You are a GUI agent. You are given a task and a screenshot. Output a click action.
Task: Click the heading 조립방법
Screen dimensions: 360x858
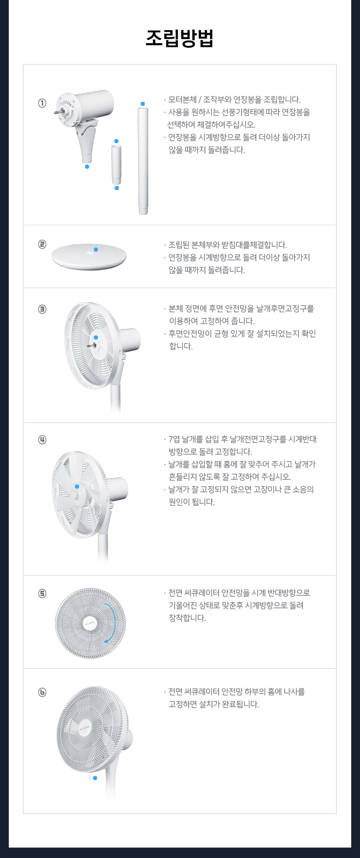(180, 38)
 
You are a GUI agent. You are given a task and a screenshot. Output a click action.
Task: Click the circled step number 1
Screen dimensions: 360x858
(42, 103)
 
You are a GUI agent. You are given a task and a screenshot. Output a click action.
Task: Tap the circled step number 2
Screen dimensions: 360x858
(42, 244)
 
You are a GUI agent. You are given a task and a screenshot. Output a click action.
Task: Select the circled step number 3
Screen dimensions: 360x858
(42, 309)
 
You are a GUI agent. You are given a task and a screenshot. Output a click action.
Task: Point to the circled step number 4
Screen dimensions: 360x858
(42, 440)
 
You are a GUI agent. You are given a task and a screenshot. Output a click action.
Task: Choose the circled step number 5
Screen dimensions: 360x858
(42, 593)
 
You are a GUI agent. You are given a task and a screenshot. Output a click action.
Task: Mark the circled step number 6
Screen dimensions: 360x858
(42, 692)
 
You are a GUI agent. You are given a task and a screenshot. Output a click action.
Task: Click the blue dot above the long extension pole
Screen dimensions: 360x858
(143, 104)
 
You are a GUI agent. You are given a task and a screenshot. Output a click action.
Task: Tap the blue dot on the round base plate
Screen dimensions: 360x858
(96, 250)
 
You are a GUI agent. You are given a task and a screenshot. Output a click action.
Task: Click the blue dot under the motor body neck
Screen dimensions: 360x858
(87, 167)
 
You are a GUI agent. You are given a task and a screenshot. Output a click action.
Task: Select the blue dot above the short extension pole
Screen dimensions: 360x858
(116, 141)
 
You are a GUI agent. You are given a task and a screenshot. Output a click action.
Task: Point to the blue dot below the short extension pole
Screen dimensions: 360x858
(117, 188)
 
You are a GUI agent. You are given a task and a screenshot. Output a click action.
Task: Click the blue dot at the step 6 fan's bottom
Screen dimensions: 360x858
(95, 778)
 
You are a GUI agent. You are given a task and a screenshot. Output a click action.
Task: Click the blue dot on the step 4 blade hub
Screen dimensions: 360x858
(77, 487)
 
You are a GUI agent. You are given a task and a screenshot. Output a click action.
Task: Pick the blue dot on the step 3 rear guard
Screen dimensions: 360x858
(96, 338)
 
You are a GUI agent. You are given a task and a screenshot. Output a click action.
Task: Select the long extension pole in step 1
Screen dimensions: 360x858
(143, 161)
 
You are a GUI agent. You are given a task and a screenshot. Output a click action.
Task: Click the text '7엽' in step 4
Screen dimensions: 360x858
(174, 439)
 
